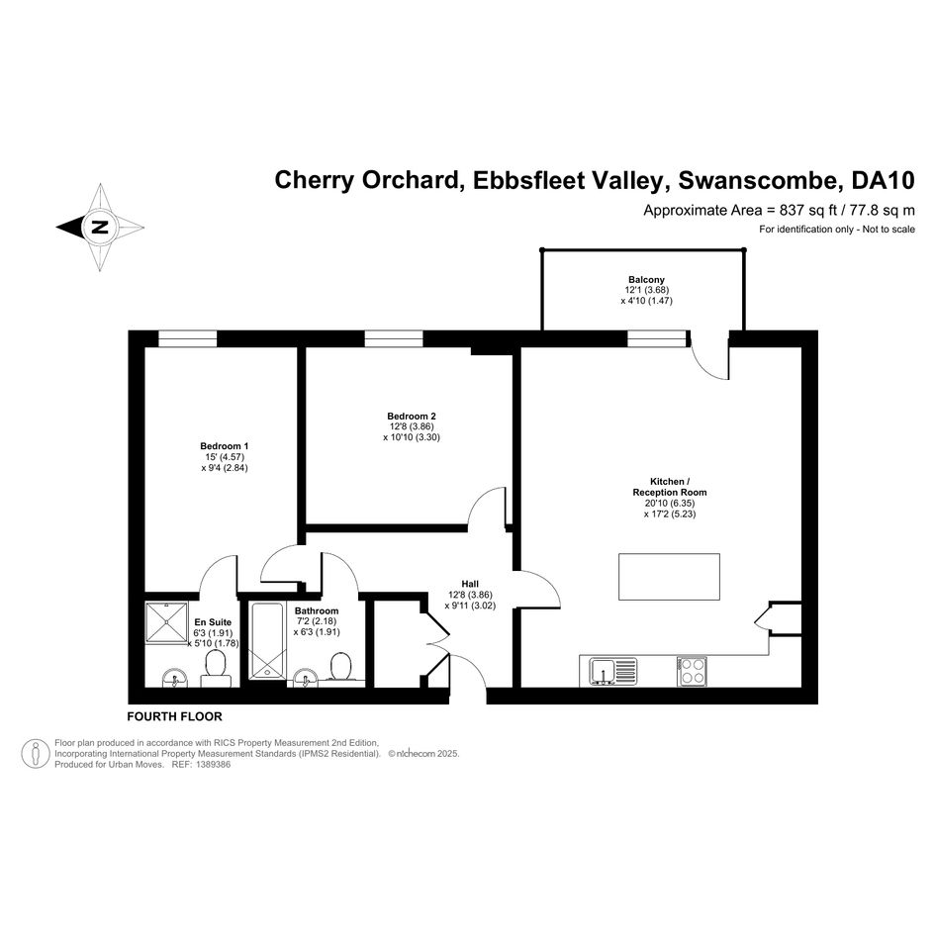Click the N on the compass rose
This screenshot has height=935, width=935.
100,228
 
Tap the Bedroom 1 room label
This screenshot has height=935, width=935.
225,446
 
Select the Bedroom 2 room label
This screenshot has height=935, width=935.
412,417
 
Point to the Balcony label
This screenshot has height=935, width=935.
646,280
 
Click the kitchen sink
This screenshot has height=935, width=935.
613,671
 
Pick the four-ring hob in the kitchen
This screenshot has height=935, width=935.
693,672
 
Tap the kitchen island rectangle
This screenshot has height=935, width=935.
669,577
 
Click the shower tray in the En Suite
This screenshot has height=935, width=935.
166,622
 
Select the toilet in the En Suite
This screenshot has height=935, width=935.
216,669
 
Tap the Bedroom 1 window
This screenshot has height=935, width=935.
187,338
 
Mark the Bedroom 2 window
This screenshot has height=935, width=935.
394,338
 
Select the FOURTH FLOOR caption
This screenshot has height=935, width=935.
175,716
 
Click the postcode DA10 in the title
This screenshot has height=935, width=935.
884,180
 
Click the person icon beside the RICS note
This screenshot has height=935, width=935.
36,754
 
